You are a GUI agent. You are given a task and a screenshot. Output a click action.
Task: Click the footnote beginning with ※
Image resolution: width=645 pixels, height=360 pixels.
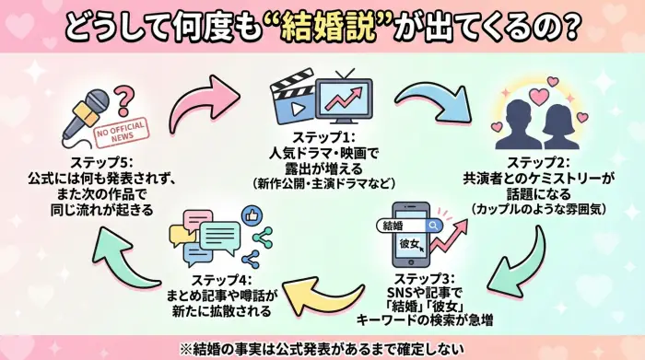click(322, 347)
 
